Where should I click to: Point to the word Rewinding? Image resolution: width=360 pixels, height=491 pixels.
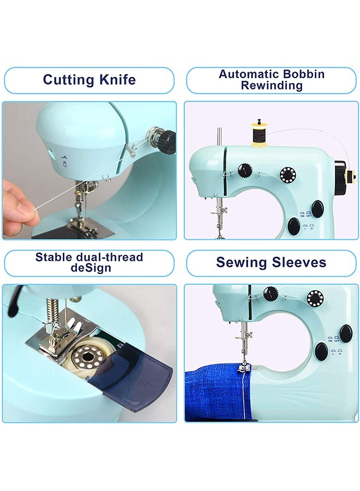[272, 86]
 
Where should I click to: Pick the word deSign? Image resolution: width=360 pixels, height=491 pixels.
[89, 268]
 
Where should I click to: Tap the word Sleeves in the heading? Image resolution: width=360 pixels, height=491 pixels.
[301, 262]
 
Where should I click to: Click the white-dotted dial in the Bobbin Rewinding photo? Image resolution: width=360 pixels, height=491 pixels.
[287, 175]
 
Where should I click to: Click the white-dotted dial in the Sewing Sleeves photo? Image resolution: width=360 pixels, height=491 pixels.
[315, 298]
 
